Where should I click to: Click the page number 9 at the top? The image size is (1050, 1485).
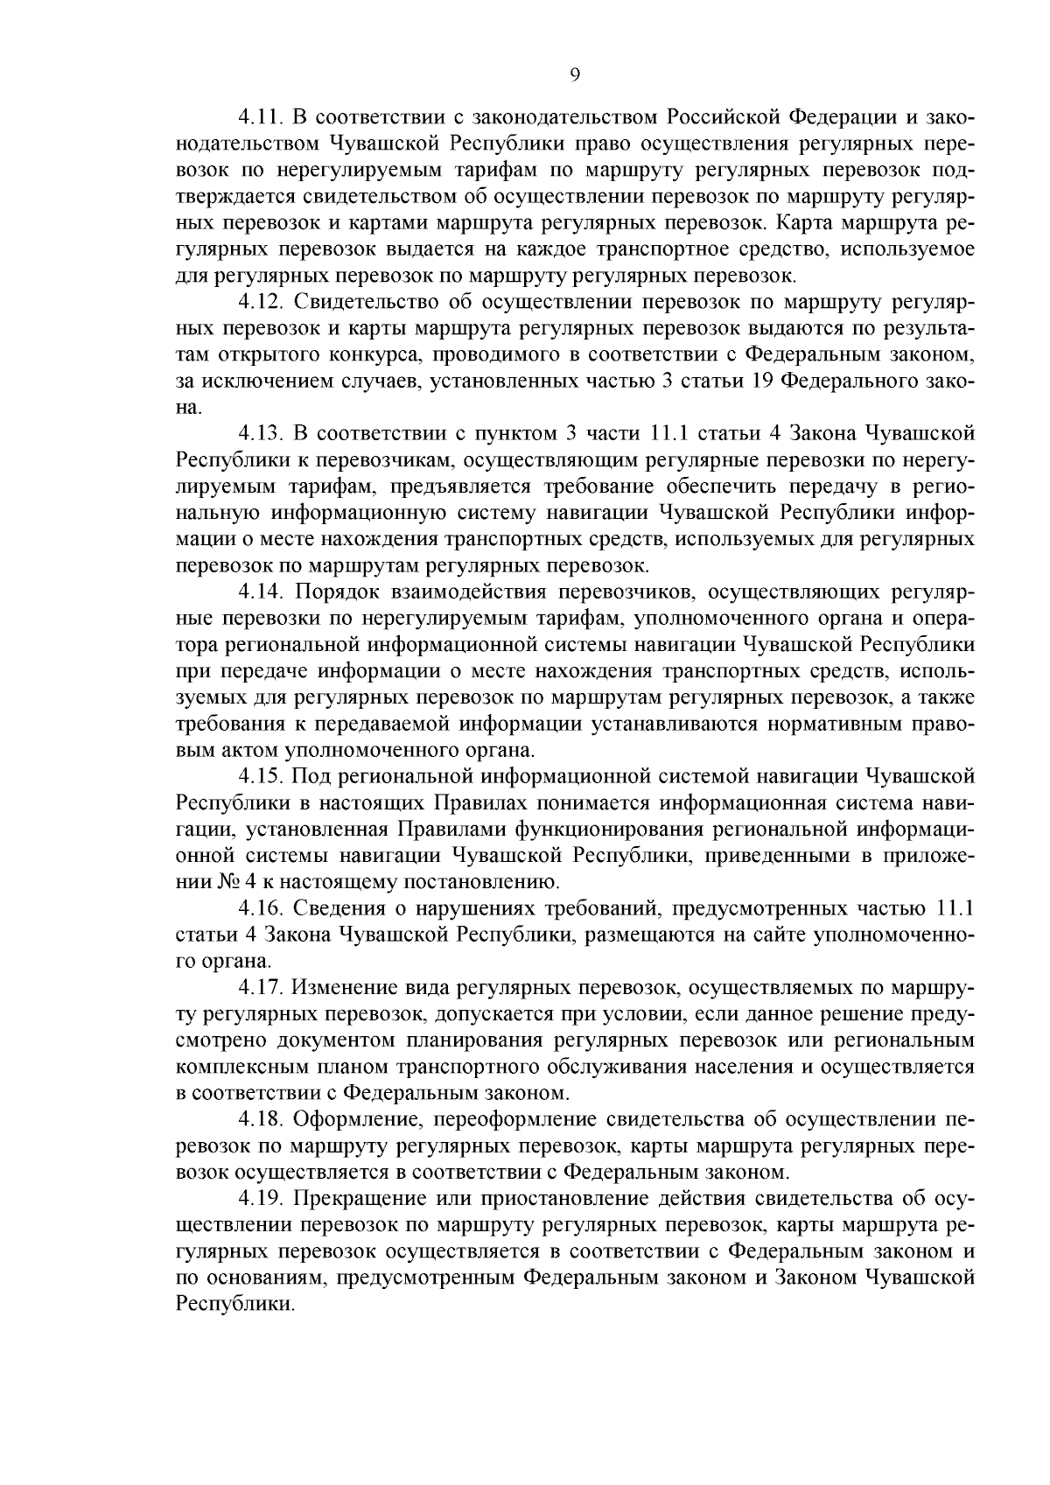pos(575,75)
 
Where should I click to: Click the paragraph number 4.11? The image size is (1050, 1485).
pos(261,117)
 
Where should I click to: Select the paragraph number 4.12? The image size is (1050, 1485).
pos(261,303)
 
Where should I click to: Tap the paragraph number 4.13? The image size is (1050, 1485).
pos(261,433)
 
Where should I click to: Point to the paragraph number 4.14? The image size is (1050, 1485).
pos(261,592)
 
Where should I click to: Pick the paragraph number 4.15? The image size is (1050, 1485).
pos(261,776)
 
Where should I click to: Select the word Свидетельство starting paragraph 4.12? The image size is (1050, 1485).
pos(367,303)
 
